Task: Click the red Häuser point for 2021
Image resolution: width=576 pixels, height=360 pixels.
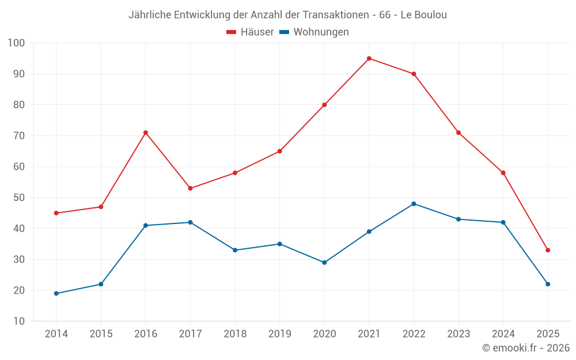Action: point(369,58)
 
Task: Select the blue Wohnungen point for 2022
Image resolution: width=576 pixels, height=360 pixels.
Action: point(414,204)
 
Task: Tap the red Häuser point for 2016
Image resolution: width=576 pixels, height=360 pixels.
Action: point(146,132)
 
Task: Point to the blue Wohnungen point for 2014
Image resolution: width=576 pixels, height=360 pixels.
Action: point(56,293)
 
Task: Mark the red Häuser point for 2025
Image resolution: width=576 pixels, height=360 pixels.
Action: point(548,250)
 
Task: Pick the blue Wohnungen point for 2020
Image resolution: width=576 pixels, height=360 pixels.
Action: point(324,263)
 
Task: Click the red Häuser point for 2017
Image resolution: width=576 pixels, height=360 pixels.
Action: point(190,188)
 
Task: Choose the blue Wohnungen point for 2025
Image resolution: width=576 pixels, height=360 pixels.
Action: point(548,284)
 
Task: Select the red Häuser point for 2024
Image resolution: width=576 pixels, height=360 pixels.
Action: point(503,173)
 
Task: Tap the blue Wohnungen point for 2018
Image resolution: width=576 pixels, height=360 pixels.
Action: point(235,250)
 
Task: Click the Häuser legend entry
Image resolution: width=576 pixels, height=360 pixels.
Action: point(250,32)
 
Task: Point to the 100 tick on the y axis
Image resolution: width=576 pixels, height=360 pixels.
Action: point(17,43)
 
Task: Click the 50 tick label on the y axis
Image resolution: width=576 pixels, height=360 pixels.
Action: point(18,198)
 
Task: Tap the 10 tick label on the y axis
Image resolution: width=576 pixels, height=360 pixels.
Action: point(18,321)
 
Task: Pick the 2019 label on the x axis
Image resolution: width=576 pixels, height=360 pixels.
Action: point(279,334)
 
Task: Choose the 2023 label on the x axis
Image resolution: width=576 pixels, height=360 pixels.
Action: point(458,334)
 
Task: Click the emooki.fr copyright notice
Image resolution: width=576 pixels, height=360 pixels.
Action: point(526,348)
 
